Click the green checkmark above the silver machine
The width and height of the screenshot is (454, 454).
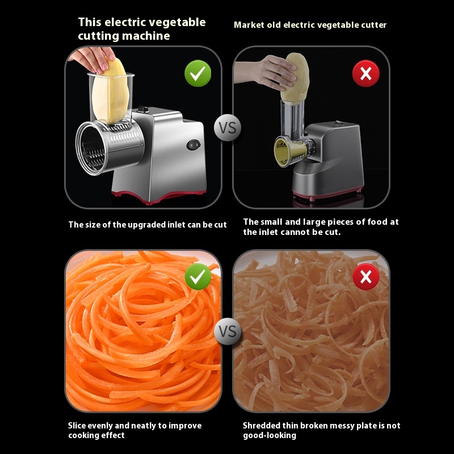[x=197, y=73]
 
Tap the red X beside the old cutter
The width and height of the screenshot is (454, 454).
[x=365, y=74]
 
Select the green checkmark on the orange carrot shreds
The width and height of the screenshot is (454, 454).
[x=197, y=277]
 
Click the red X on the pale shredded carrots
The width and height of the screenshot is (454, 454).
[x=365, y=277]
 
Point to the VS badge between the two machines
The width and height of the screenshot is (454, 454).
[x=228, y=128]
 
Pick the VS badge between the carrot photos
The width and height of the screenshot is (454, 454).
[x=228, y=331]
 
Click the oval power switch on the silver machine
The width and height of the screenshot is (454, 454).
[x=193, y=145]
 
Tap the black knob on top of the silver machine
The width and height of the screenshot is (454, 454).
[x=143, y=109]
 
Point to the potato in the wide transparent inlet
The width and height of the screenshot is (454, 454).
[x=111, y=92]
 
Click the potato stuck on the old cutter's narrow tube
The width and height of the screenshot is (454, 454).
[x=295, y=78]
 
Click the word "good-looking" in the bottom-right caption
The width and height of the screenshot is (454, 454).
[x=270, y=435]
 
